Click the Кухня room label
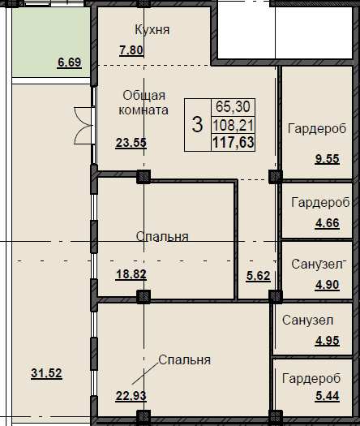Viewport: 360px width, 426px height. pyautogui.click(x=152, y=29)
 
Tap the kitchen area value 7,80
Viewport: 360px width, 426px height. pyautogui.click(x=131, y=50)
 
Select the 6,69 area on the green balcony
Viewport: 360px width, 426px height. pyautogui.click(x=69, y=62)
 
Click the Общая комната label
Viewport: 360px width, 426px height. pyautogui.click(x=144, y=103)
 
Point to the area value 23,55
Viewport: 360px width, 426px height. pyautogui.click(x=131, y=143)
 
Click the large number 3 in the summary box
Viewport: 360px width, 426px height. pyautogui.click(x=197, y=124)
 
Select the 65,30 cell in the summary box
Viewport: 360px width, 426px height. pyautogui.click(x=233, y=106)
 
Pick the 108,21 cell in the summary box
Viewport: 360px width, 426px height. pyautogui.click(x=234, y=125)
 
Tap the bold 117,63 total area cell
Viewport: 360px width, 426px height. pyautogui.click(x=234, y=142)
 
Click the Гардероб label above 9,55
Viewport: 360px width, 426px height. pyautogui.click(x=317, y=128)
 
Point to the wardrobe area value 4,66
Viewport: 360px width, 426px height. pyautogui.click(x=327, y=223)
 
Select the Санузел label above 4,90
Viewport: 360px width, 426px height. pyautogui.click(x=317, y=264)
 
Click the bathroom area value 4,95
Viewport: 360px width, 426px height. pyautogui.click(x=327, y=341)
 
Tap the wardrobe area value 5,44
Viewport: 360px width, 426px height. pyautogui.click(x=327, y=396)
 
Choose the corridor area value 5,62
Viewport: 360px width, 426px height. pyautogui.click(x=258, y=276)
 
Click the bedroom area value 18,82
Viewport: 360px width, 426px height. pyautogui.click(x=131, y=274)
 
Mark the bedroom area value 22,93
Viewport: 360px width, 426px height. pyautogui.click(x=131, y=396)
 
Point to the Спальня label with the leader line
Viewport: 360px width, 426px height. pyautogui.click(x=184, y=360)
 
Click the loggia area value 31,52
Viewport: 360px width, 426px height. pyautogui.click(x=46, y=373)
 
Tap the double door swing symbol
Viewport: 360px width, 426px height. pyautogui.click(x=84, y=126)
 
